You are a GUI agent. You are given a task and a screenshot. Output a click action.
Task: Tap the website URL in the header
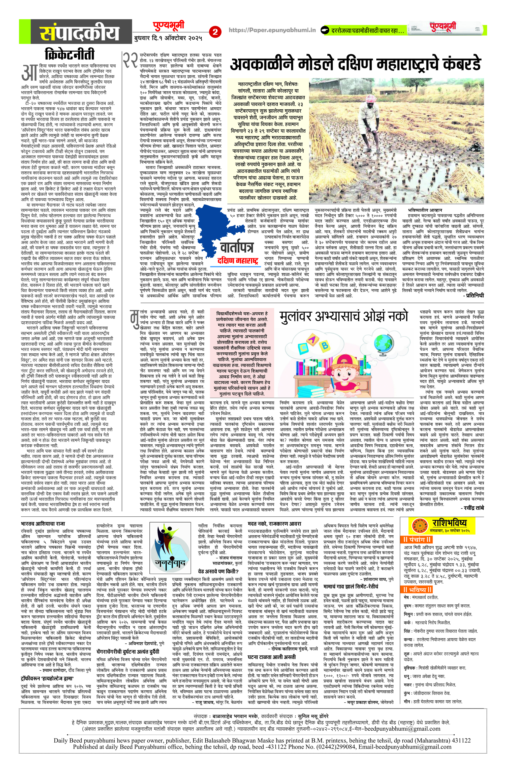tap(272, 30)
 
